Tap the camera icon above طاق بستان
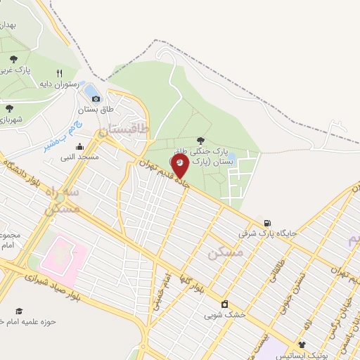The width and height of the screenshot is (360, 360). (x=96, y=98)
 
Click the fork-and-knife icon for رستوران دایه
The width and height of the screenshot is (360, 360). (x=60, y=72)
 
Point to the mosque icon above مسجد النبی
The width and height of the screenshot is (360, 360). (x=79, y=147)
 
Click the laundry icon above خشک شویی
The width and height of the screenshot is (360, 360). (x=224, y=304)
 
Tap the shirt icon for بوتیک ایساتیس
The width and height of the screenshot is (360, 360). (x=302, y=345)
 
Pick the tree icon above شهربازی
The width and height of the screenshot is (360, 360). (x=10, y=108)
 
